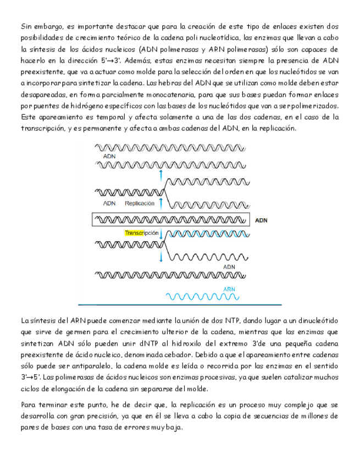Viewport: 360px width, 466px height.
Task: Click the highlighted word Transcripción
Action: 141,233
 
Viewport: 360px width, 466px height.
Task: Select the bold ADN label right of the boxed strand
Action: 262,220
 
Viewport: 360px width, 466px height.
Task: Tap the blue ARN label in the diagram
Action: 229,289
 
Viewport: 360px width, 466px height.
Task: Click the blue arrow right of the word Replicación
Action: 160,203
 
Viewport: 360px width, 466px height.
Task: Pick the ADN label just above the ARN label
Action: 229,267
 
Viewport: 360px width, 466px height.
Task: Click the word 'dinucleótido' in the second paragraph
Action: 315,320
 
